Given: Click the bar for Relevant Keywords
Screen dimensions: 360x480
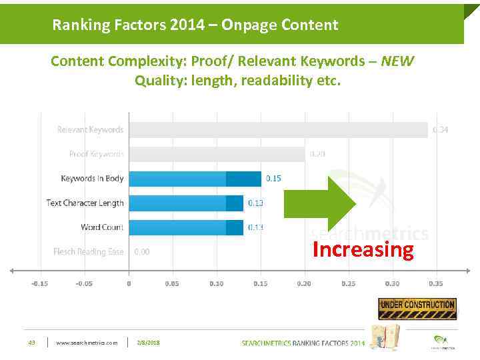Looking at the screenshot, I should pyautogui.click(x=278, y=129).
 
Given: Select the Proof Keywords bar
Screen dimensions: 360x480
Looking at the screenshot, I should pyautogui.click(x=217, y=154).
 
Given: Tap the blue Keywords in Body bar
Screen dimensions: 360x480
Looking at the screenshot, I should pyautogui.click(x=195, y=179).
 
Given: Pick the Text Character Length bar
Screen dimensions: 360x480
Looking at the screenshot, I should pyautogui.click(x=186, y=203).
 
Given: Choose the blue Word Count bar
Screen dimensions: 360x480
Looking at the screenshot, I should pyautogui.click(x=186, y=227).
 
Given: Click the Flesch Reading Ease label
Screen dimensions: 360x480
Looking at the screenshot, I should pyautogui.click(x=89, y=252).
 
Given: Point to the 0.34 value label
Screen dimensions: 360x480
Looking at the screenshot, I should pyautogui.click(x=440, y=129).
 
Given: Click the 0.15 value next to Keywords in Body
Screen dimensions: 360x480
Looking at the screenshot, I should pyautogui.click(x=273, y=179).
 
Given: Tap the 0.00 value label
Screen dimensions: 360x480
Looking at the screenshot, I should pyautogui.click(x=141, y=252).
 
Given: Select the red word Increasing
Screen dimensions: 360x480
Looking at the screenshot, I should pyautogui.click(x=363, y=250).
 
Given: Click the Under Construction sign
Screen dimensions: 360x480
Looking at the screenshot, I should pyautogui.click(x=417, y=308).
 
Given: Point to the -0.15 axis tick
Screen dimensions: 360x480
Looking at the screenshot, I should pyautogui.click(x=39, y=283).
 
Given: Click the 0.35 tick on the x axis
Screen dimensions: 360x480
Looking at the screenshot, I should pyautogui.click(x=435, y=283).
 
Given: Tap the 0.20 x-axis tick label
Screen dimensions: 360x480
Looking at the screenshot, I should pyautogui.click(x=304, y=283).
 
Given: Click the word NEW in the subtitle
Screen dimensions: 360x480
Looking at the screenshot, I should pyautogui.click(x=397, y=61).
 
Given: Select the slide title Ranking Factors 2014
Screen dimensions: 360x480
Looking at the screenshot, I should pyautogui.click(x=195, y=25).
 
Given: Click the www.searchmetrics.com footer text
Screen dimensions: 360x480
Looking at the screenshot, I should pyautogui.click(x=87, y=343).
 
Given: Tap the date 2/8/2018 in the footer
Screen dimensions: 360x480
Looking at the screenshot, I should pyautogui.click(x=149, y=343).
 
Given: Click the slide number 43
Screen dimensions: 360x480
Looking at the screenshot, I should pyautogui.click(x=31, y=343).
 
